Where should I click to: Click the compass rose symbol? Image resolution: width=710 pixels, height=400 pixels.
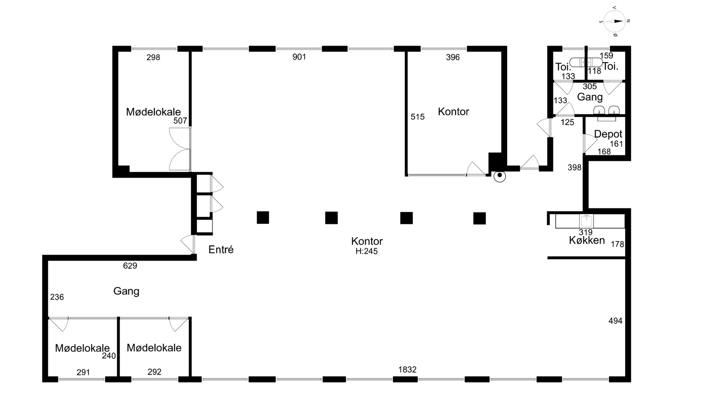coord(615,21)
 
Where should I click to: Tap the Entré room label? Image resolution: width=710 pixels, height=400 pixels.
coord(221,250)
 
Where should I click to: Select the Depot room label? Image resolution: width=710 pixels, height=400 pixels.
coord(608,134)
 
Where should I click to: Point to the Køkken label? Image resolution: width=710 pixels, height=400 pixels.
coord(587,240)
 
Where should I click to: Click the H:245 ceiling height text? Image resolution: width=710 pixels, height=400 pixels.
coord(366,251)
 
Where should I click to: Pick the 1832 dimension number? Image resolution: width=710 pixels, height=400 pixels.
coord(407,369)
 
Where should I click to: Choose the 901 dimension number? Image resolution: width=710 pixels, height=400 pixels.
coord(299,57)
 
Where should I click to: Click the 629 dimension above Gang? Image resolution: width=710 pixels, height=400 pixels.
coord(130,266)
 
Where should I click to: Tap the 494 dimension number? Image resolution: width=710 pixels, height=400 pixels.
coord(615,321)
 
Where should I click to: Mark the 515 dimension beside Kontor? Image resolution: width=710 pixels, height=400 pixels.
coord(417,117)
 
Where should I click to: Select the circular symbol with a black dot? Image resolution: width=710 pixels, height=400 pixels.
coord(500,176)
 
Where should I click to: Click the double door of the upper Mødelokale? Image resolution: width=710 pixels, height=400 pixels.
coord(180,149)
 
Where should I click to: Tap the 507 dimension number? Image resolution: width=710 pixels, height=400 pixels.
coord(180,121)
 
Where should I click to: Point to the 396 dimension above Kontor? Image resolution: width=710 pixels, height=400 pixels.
coord(453,57)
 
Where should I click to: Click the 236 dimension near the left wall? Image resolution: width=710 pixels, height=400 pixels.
coord(57,297)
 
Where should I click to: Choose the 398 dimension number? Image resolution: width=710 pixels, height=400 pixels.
coord(575,167)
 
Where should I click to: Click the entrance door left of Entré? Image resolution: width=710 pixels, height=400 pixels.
coord(188,244)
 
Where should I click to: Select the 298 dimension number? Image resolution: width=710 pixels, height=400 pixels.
coord(153,57)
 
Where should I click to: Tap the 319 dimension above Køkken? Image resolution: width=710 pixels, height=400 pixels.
coord(586,232)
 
